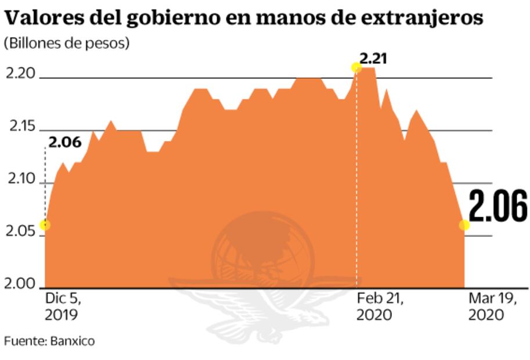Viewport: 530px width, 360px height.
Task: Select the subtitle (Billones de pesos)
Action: coord(67,44)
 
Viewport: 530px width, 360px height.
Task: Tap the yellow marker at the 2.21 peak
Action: coord(356,68)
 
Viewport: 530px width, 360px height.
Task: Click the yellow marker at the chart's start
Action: coord(45,225)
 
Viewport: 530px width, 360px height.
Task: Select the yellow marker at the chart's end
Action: coord(464,225)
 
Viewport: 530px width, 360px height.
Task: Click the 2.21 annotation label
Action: coord(373,58)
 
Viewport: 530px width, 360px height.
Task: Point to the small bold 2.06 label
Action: coord(66,142)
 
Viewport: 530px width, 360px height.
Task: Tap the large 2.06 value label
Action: coord(497,206)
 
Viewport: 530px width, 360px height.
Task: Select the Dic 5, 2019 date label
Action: coord(63,306)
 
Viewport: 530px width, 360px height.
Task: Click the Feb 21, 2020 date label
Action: coord(380,306)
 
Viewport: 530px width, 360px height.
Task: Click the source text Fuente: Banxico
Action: coord(49,341)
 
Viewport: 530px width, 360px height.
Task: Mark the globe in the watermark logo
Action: coord(262,251)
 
